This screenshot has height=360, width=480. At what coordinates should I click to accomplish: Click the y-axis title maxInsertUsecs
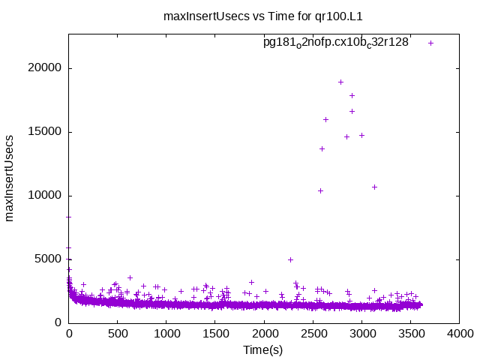[x=10, y=178]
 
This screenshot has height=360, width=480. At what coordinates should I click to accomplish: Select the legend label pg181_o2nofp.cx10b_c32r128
[x=335, y=43]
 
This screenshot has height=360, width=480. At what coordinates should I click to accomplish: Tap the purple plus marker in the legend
[x=430, y=43]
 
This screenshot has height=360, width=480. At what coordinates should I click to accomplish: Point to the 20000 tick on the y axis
[x=46, y=68]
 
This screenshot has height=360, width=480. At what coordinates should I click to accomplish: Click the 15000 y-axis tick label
[x=46, y=132]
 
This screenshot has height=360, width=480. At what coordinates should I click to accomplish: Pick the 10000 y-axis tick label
[x=46, y=196]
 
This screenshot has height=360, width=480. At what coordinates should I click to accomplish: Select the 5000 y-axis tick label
[x=49, y=259]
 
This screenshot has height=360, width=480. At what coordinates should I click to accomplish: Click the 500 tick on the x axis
[x=118, y=334]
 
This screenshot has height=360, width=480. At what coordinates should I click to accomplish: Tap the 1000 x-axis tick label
[x=166, y=334]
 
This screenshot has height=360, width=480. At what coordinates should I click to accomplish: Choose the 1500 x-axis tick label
[x=215, y=334]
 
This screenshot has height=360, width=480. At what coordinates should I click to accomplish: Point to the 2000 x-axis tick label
[x=264, y=334]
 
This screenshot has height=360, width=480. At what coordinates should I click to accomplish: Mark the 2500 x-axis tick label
[x=313, y=334]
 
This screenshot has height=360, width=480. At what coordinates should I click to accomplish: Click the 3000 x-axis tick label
[x=361, y=334]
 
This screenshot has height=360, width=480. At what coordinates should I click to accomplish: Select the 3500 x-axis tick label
[x=410, y=334]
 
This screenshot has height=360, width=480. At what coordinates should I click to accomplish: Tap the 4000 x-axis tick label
[x=459, y=334]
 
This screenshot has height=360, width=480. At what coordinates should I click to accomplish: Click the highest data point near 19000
[x=340, y=82]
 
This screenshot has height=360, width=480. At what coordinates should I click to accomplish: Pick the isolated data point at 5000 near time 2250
[x=290, y=259]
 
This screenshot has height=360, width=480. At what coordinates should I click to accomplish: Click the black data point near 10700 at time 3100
[x=374, y=187]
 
